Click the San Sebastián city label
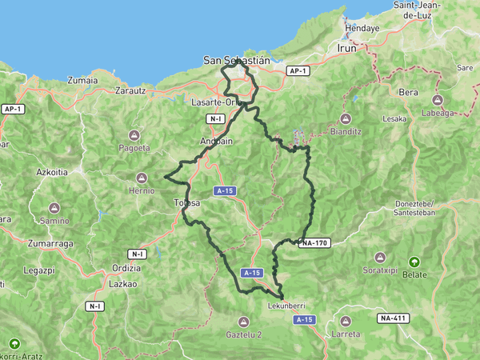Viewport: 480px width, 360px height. tap(236, 59)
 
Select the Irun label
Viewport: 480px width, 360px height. tap(346, 47)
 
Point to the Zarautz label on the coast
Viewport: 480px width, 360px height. tap(130, 91)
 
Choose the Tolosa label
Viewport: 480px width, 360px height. tap(186, 204)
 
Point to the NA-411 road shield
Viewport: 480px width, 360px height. tap(394, 318)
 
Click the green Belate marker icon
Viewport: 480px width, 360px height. tap(414, 262)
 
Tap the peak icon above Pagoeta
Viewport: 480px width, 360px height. tap(134, 134)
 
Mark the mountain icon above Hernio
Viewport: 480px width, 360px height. tap(142, 178)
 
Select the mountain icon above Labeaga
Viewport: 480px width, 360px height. tap(438, 100)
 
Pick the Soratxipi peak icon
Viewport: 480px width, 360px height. tap(381, 258)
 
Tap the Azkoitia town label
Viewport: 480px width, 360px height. tap(52, 172)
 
